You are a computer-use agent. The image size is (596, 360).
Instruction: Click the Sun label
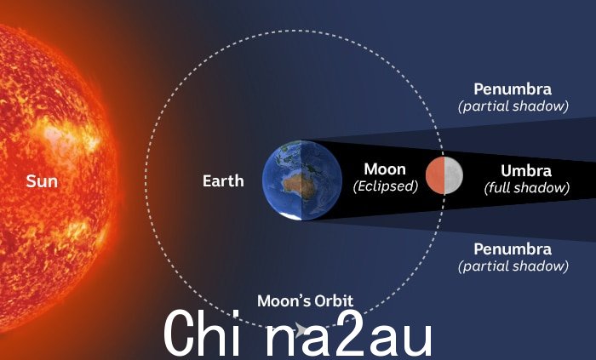pyautogui.click(x=42, y=181)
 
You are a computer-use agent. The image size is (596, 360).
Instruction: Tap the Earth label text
pyautogui.click(x=223, y=180)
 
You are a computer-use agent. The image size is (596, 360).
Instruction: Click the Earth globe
pyautogui.click(x=302, y=180)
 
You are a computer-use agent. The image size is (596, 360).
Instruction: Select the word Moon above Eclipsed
pyautogui.click(x=385, y=169)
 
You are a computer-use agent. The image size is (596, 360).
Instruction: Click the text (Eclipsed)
pyautogui.click(x=386, y=186)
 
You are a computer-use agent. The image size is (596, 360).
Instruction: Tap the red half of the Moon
pyautogui.click(x=435, y=175)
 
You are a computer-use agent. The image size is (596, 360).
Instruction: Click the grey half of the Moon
pyautogui.click(x=454, y=175)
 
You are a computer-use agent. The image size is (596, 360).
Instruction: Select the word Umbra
pyautogui.click(x=526, y=171)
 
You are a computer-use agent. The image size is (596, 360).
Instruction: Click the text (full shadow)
pyautogui.click(x=527, y=187)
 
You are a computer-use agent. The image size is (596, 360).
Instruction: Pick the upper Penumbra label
pyautogui.click(x=513, y=89)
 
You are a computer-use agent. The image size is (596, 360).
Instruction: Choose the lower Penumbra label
pyautogui.click(x=513, y=249)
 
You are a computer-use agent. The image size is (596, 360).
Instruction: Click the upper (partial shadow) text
pyautogui.click(x=513, y=106)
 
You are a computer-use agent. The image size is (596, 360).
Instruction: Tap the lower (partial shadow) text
pyautogui.click(x=513, y=266)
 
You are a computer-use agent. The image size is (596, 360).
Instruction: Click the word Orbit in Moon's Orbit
pyautogui.click(x=334, y=300)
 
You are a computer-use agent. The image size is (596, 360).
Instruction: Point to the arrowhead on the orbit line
pyautogui.click(x=301, y=329)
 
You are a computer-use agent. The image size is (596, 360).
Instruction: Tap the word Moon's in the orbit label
pyautogui.click(x=284, y=300)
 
